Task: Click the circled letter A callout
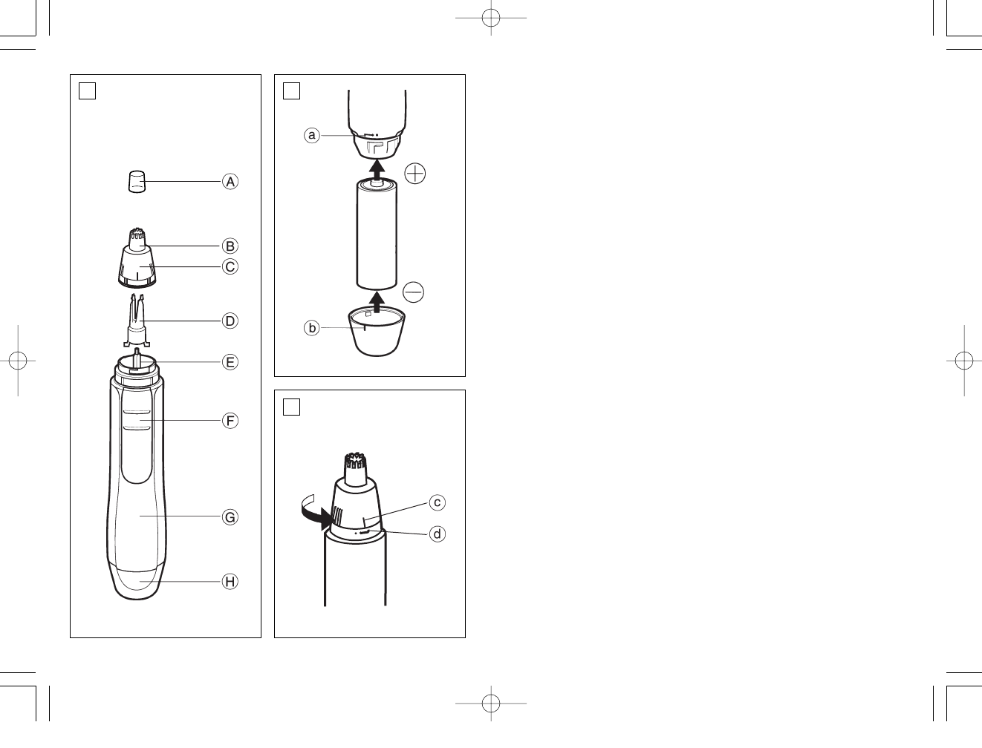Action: point(230,181)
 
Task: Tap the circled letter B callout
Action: point(230,246)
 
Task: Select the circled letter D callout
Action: point(230,321)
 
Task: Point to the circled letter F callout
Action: point(230,421)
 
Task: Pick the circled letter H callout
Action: point(230,581)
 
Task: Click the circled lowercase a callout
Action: point(312,135)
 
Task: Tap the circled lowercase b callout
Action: point(312,328)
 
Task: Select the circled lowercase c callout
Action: point(437,502)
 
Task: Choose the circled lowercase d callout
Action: point(437,534)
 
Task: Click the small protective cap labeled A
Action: point(137,181)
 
